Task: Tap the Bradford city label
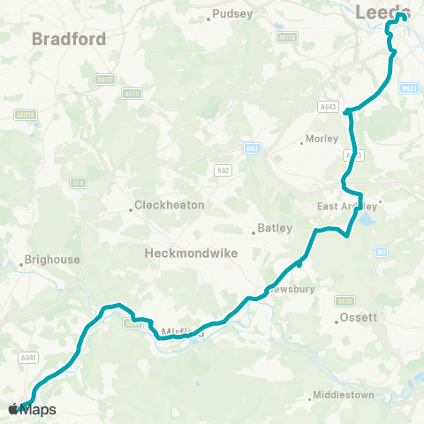[69, 39]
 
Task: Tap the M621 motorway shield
[408, 88]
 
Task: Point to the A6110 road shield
[286, 37]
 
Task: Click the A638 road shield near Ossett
[345, 299]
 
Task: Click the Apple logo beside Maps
[13, 409]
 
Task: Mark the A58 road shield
[78, 184]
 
